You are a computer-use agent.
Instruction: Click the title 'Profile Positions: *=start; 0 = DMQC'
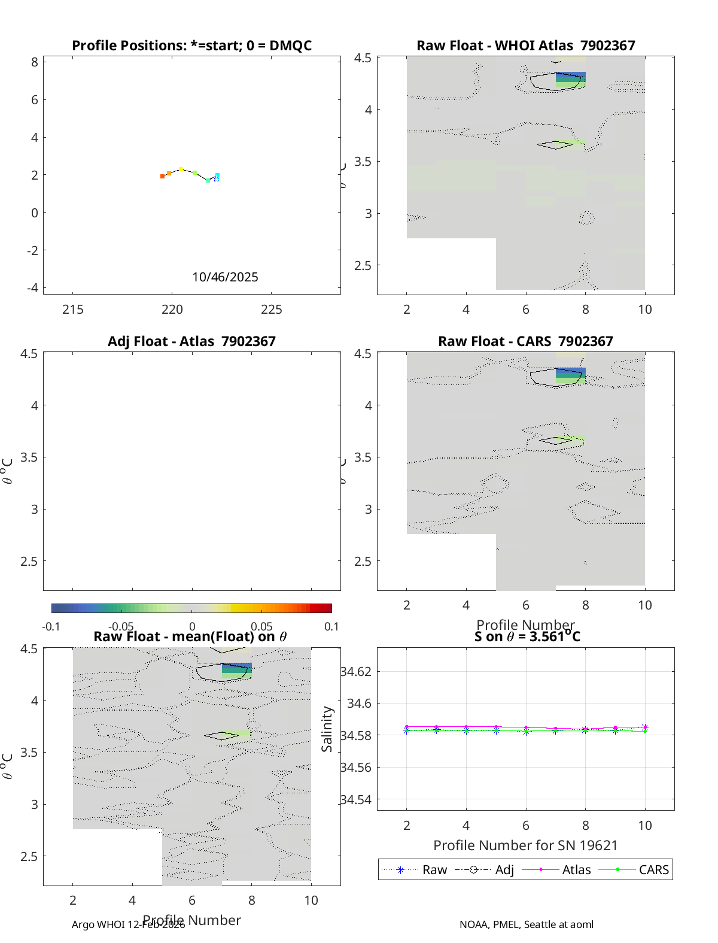coord(191,46)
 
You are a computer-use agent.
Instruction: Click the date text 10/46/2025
coord(225,277)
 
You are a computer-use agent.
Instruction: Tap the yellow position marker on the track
coord(181,169)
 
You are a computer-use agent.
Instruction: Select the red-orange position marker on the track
coord(162,176)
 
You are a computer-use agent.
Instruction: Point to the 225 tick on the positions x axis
coord(272,310)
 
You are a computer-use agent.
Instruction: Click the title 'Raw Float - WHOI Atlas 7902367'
coord(525,46)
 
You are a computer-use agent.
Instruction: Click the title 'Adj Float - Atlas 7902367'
coord(191,341)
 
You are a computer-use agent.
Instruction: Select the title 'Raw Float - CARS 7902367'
coord(525,341)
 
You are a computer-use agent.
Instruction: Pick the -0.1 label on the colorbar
coord(51,627)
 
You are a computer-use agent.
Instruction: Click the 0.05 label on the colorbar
coord(262,627)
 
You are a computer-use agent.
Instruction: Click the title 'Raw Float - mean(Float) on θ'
coord(190,636)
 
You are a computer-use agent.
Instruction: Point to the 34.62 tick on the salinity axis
coord(356,672)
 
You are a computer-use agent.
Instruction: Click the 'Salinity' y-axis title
coord(327,729)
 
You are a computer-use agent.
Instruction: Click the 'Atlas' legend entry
coord(576,870)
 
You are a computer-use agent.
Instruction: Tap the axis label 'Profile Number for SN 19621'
coord(525,845)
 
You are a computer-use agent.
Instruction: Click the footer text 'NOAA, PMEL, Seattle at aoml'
coord(527,924)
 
